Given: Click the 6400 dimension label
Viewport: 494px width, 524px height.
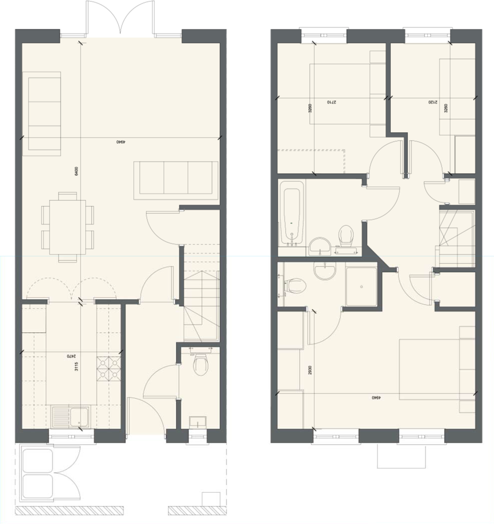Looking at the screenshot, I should click(x=76, y=171).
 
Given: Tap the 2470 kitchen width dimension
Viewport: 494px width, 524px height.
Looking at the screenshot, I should click(x=71, y=356).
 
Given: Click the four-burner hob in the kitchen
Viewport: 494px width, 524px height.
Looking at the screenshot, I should click(x=109, y=369).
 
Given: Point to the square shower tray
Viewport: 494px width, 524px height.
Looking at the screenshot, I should click(x=361, y=286).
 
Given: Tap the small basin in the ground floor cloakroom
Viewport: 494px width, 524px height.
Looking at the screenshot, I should click(x=198, y=421).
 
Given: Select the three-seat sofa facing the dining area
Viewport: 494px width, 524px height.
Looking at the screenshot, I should click(x=176, y=180).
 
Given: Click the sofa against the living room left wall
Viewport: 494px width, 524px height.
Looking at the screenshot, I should click(x=42, y=114).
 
